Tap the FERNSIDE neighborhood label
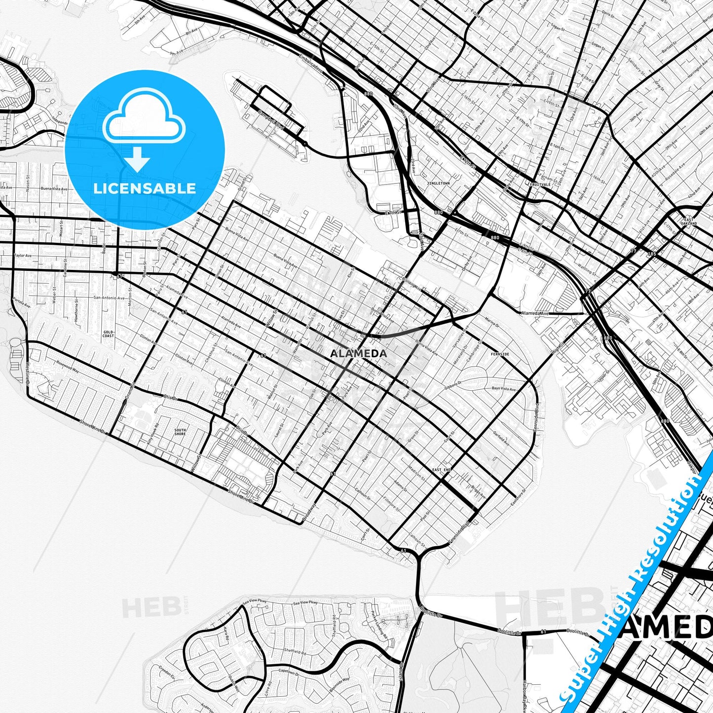point(500,354)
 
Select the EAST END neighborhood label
point(442,470)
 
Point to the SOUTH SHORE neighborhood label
point(180,432)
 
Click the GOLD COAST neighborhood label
point(109,334)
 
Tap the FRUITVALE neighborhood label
point(540,184)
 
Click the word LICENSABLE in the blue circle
point(145,188)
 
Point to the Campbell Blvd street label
point(272,120)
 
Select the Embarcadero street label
point(310,64)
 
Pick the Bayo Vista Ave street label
point(503,389)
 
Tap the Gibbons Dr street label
point(452,385)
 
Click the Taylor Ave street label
point(23,256)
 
